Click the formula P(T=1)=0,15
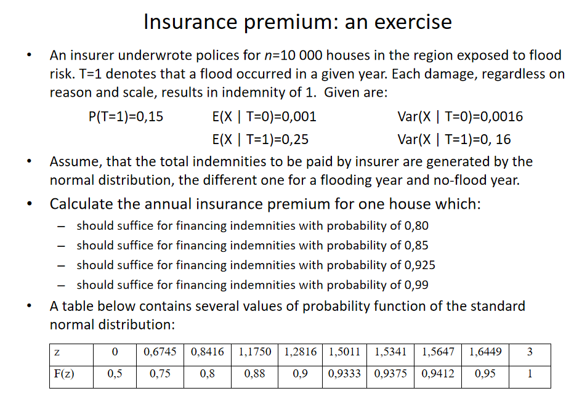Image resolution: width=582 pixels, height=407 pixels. [x=126, y=116]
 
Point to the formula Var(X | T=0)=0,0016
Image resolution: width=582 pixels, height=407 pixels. [x=460, y=116]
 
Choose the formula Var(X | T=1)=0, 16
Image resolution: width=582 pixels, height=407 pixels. [x=454, y=139]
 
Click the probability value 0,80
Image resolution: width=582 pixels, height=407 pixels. [x=416, y=225]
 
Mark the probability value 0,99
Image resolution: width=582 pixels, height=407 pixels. [x=416, y=284]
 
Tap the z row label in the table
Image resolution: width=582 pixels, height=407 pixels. [x=57, y=353]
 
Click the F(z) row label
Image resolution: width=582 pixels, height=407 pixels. [x=62, y=374]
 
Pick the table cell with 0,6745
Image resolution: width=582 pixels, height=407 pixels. [x=160, y=353]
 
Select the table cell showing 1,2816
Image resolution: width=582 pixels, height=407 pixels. [x=301, y=353]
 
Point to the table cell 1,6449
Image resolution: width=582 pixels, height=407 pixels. [x=485, y=353]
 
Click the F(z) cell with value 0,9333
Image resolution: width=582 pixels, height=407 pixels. [x=345, y=374]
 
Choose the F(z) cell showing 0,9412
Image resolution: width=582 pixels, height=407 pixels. [x=438, y=374]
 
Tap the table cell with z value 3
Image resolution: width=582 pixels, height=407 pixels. [x=530, y=353]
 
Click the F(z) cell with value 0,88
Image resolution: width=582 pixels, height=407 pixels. [x=254, y=374]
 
